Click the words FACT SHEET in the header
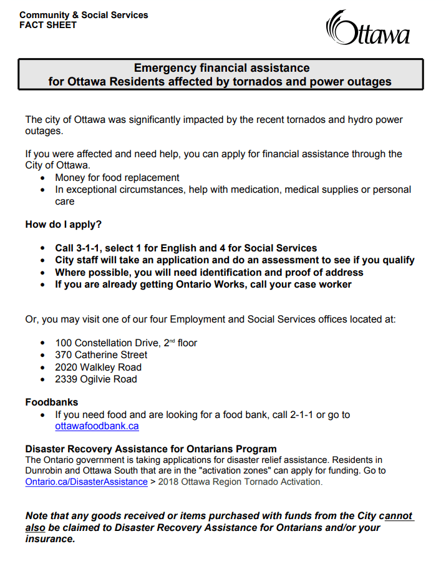coord(48,25)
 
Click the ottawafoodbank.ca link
coord(97,426)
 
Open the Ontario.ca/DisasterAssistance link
coord(86,482)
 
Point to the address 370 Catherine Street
coord(101,355)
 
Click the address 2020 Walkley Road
coord(98,367)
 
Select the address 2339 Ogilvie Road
coord(96,379)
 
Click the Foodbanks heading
coord(52,402)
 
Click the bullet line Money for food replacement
coord(117,178)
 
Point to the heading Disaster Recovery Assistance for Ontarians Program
coord(151,449)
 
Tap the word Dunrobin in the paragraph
coord(46,470)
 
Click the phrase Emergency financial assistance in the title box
coord(222,68)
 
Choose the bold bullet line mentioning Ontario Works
coord(203,284)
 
